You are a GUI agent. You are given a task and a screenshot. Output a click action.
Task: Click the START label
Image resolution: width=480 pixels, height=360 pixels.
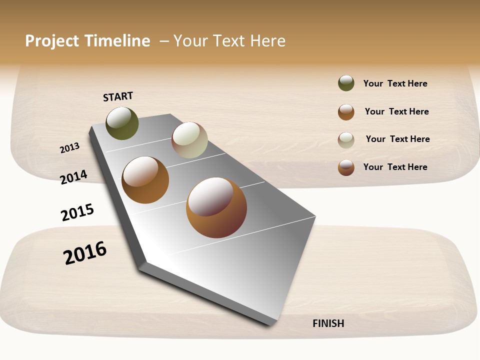[x=118, y=96]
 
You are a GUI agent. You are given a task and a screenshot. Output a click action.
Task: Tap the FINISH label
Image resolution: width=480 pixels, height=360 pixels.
[x=328, y=323]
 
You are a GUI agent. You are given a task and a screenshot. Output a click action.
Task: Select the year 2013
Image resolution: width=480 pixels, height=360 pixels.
[x=70, y=148]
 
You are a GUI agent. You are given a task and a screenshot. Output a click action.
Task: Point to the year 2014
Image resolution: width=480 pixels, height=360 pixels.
[x=74, y=177]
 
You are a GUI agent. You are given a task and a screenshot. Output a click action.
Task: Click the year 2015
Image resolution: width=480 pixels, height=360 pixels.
[x=77, y=212]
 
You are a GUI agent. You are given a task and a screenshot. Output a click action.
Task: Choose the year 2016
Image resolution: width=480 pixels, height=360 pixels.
[x=85, y=252]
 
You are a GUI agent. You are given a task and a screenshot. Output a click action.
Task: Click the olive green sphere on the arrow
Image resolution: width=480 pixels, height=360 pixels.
[x=122, y=123]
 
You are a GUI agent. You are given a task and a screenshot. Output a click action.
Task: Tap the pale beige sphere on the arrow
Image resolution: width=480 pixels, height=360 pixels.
[x=189, y=140]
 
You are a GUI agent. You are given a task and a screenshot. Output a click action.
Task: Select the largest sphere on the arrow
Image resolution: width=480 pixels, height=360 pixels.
[x=216, y=207]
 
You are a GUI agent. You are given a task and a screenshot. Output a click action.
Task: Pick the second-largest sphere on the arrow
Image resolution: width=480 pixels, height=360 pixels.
[x=145, y=180]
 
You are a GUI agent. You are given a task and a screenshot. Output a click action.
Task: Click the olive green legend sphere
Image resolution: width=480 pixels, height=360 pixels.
[x=346, y=83]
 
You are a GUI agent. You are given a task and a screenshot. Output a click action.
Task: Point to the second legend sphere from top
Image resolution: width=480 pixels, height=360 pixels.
[x=346, y=112]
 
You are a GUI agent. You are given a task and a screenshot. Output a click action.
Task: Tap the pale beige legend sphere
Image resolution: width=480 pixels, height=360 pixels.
[x=346, y=140]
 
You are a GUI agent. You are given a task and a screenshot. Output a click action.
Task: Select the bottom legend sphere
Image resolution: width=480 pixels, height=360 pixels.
[x=346, y=167]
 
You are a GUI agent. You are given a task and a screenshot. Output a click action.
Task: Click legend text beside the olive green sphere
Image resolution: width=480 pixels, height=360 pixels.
[x=395, y=83]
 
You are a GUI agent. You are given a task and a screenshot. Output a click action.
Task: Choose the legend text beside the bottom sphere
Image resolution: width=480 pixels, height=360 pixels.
[x=395, y=167]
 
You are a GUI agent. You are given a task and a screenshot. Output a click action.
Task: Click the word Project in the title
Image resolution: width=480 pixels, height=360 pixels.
[x=52, y=41]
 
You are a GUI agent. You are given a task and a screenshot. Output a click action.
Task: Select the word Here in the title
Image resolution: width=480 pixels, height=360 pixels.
[x=267, y=41]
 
